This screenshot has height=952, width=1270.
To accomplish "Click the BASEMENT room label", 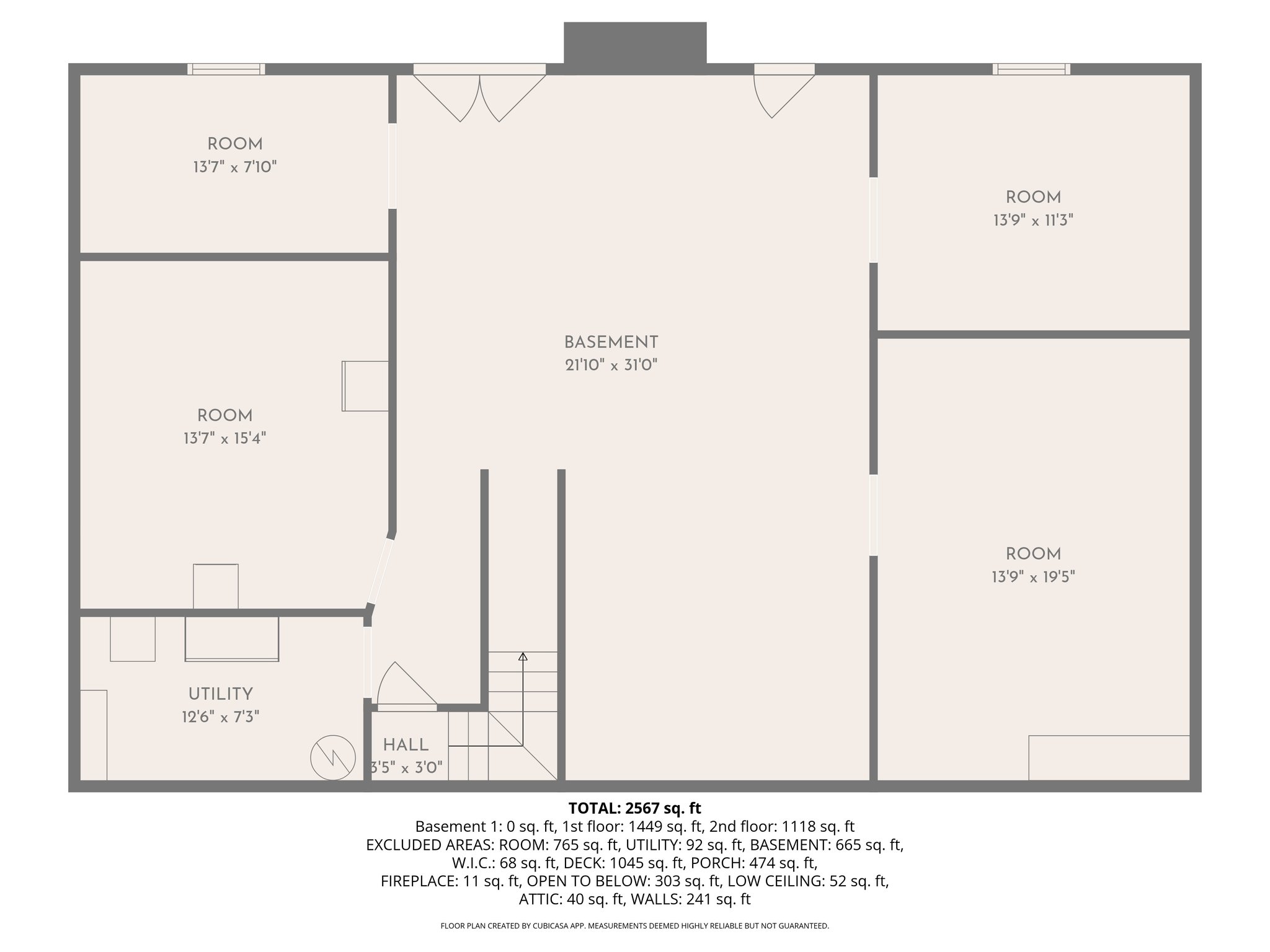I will [611, 342].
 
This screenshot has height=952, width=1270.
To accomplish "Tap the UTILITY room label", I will [220, 694].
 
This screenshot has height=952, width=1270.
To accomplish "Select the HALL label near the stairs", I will [406, 745].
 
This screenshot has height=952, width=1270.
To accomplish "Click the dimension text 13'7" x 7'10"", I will [234, 167].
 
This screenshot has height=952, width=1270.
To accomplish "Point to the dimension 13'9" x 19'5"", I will [1032, 577].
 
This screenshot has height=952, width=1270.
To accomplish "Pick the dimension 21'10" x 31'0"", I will [611, 365].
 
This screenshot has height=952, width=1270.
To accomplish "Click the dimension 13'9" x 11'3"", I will [1032, 220].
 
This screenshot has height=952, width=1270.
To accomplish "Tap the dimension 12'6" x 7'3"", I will [220, 717].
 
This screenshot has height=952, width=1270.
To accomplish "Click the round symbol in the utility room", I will [333, 757].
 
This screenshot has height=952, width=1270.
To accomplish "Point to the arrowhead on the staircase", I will [523, 656].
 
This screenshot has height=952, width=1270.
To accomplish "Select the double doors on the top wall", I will [479, 93].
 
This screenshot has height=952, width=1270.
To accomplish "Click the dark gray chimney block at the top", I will [634, 42].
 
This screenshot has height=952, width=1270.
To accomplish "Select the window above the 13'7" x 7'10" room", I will [226, 69].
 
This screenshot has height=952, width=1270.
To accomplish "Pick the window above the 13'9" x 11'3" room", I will [1031, 69].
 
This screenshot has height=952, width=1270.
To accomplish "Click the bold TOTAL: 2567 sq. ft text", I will [634, 808].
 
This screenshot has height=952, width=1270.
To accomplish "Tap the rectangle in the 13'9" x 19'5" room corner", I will [1109, 757].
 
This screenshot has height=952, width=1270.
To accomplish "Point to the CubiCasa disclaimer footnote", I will [634, 926].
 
